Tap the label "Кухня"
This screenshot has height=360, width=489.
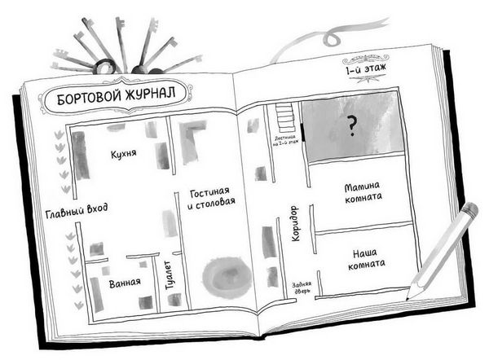point(123,153)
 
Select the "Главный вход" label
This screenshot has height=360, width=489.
point(79,216)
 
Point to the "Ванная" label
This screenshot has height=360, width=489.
point(125,283)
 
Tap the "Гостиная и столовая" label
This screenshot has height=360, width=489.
point(211,198)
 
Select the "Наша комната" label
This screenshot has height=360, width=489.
point(363,259)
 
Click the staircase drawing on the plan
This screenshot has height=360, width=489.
point(286,120)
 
